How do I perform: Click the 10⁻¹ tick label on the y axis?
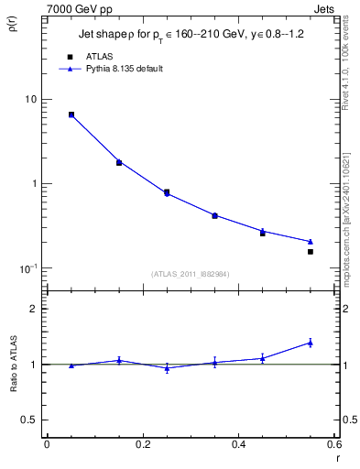pos(29,267)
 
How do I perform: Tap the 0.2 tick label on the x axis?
pos(142,445)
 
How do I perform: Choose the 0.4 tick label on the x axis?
pos(238,445)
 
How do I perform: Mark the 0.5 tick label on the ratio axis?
pos(29,420)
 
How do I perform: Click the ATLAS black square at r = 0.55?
pos(311,252)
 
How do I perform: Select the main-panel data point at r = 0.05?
pos(71,115)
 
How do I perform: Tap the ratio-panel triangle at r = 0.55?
pos(311,343)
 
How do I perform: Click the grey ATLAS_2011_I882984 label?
pos(191,274)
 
